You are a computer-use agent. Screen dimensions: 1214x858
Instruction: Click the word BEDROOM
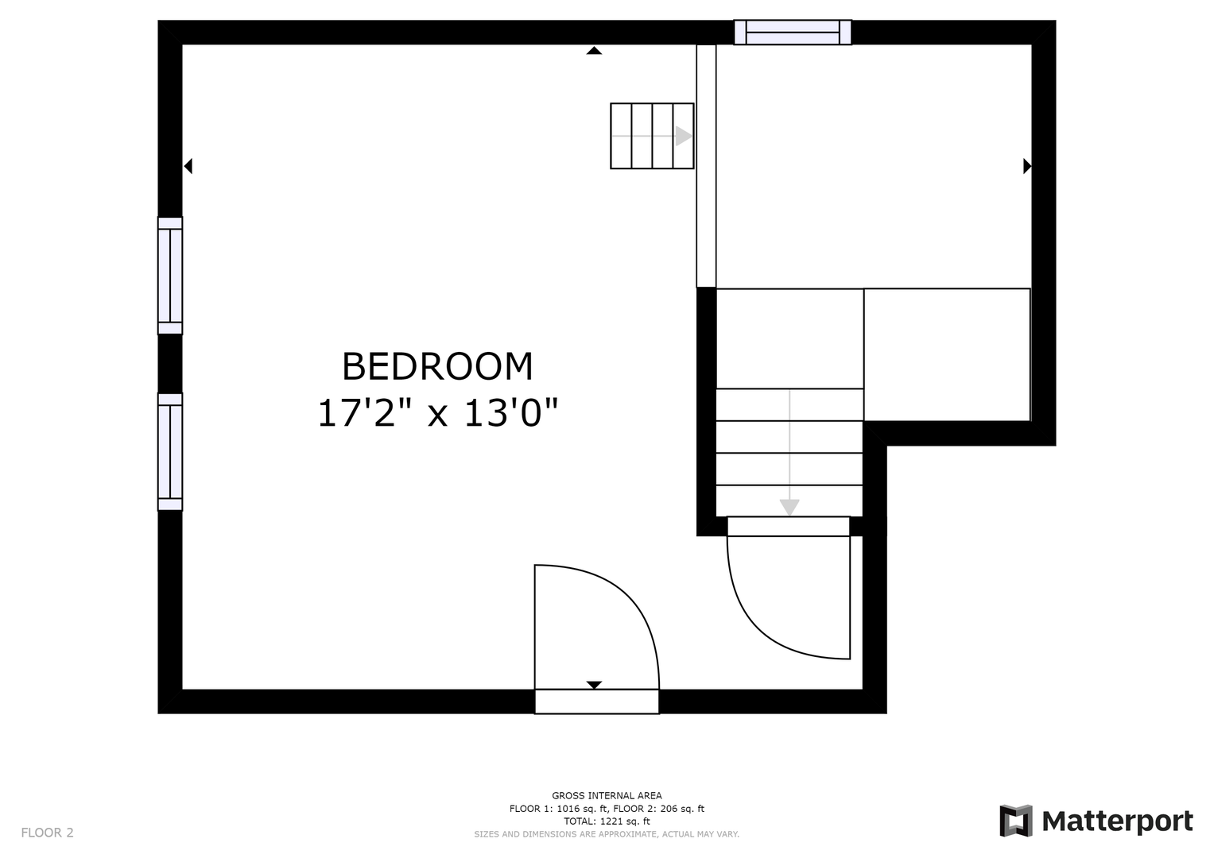click(x=437, y=367)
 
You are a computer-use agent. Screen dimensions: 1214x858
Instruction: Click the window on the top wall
click(x=793, y=32)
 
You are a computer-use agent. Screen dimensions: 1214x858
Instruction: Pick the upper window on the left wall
click(x=170, y=276)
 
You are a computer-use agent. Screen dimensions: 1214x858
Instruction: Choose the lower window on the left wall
click(x=170, y=452)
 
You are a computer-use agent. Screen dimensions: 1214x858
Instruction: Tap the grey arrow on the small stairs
click(x=652, y=136)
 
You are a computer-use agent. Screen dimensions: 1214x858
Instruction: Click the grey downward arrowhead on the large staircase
click(x=789, y=507)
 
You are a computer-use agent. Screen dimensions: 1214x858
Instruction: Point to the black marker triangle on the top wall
click(x=594, y=50)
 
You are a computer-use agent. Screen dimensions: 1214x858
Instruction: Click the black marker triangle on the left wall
click(x=188, y=166)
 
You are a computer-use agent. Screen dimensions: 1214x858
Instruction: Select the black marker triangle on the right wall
click(x=1027, y=166)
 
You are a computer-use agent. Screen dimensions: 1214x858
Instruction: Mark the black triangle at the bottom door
click(x=594, y=685)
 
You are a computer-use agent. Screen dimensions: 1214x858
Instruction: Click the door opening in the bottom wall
click(x=597, y=701)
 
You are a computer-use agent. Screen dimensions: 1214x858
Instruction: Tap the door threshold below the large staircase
click(x=789, y=527)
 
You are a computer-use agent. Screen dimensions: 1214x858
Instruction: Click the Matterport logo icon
click(x=1015, y=821)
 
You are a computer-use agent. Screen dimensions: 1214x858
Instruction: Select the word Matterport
click(x=1118, y=821)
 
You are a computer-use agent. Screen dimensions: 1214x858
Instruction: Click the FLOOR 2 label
click(x=47, y=833)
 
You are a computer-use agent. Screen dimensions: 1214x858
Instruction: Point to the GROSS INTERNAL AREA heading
click(x=607, y=796)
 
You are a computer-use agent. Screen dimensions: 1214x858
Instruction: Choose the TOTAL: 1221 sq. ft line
click(x=607, y=821)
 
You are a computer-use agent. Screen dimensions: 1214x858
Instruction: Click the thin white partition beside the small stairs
click(x=706, y=166)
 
